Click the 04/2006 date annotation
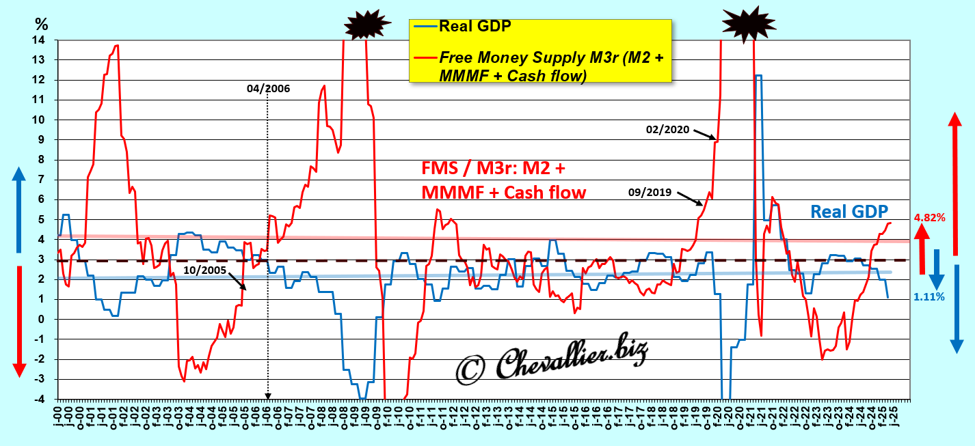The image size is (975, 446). tap(268, 89)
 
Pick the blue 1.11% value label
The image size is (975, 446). tap(929, 296)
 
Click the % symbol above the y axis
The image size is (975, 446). tap(42, 23)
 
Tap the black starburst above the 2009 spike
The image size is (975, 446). tap(367, 25)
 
